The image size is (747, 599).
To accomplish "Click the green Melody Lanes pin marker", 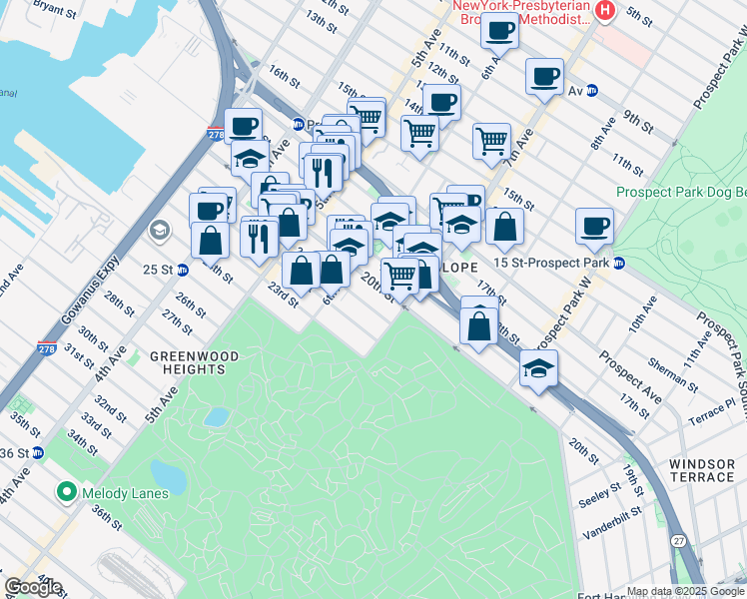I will [x=67, y=491].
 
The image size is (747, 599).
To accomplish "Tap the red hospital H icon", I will [x=603, y=10].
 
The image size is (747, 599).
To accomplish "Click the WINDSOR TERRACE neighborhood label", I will [x=701, y=470].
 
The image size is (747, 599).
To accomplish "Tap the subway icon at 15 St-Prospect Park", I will [x=619, y=264].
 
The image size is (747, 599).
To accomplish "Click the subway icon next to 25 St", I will [x=182, y=270].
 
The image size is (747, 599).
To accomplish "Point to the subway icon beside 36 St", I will [x=38, y=453].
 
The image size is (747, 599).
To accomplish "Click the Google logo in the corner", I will [x=32, y=587].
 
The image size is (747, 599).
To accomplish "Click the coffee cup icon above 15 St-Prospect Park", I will [x=594, y=225].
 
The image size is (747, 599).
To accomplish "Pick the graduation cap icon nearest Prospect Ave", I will [x=538, y=368].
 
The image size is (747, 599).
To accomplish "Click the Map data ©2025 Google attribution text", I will [x=684, y=591].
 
